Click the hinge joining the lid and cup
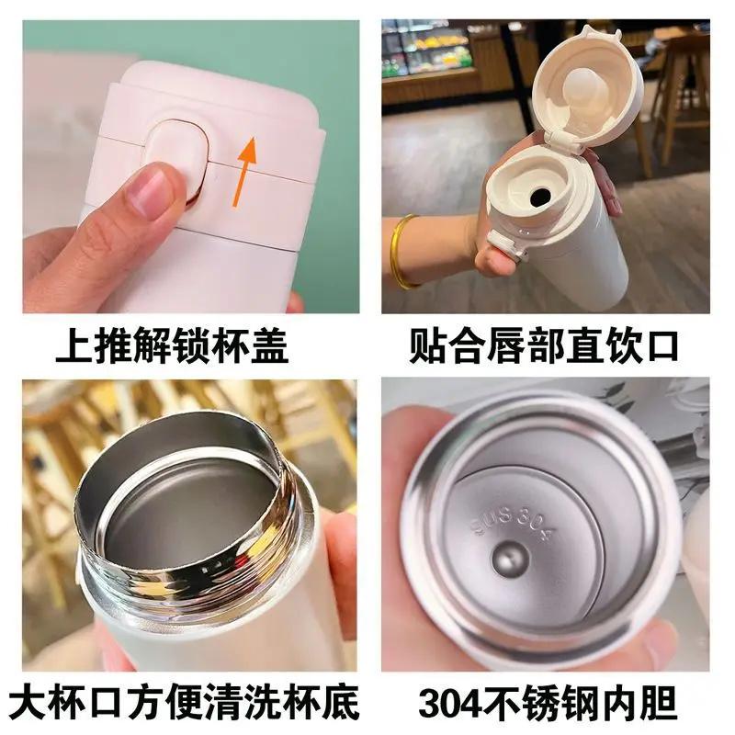pyautogui.click(x=565, y=140)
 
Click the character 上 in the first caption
pyautogui.click(x=75, y=345)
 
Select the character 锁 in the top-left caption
pyautogui.click(x=191, y=345)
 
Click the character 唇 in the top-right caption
pyautogui.click(x=506, y=345)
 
